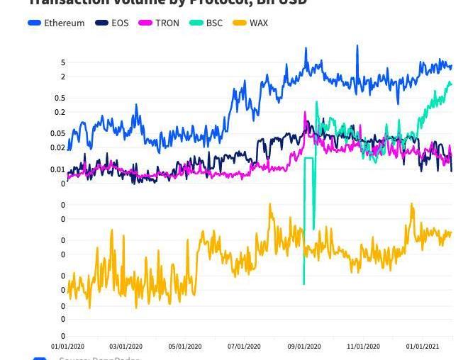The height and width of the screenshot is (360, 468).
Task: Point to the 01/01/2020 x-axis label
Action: [x=67, y=347]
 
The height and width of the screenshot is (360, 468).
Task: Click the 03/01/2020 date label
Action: [x=126, y=347]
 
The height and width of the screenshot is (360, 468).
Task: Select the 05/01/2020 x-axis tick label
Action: [x=185, y=347]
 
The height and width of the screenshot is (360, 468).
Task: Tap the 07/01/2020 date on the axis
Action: [x=244, y=347]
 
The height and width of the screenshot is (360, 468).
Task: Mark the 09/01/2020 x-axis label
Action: [x=304, y=347]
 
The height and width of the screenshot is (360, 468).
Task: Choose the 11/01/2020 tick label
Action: [x=363, y=347]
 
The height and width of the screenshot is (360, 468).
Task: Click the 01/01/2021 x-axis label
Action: [x=423, y=347]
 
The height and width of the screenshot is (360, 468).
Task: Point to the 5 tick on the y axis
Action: [x=63, y=62]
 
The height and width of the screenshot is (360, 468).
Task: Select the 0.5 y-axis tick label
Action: [x=60, y=98]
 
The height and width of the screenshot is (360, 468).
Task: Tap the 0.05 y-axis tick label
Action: [x=58, y=133]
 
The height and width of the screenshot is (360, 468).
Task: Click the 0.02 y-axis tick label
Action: [x=58, y=147]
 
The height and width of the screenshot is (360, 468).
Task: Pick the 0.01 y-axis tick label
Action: [x=58, y=169]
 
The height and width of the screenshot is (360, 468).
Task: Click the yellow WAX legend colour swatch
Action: [x=240, y=23]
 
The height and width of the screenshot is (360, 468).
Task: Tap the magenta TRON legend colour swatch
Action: [x=145, y=23]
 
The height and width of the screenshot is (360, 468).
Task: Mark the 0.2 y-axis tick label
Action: [x=60, y=112]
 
